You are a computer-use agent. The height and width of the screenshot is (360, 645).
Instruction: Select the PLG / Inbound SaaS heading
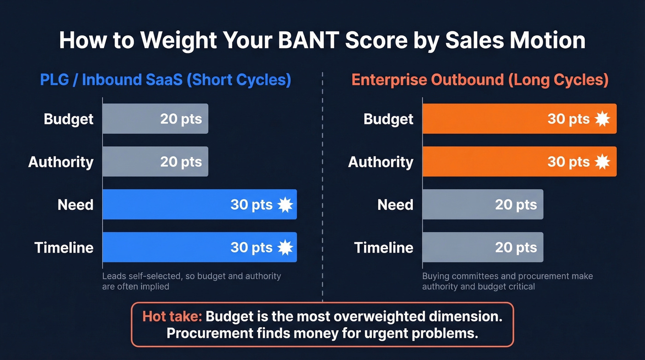pos(165,80)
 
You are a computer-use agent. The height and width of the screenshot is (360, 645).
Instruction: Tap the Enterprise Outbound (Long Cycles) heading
pos(480,80)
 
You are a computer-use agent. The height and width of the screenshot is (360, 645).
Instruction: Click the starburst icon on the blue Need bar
pos(285,205)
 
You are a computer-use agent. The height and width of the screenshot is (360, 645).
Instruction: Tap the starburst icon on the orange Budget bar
pos(602,119)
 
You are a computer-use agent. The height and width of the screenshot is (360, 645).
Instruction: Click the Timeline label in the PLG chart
pos(64,248)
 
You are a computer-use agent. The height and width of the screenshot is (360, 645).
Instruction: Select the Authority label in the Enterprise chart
pos(381,162)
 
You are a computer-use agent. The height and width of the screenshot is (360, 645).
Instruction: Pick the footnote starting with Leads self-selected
pos(191,281)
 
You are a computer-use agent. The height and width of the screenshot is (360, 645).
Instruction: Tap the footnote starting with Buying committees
pos(507,281)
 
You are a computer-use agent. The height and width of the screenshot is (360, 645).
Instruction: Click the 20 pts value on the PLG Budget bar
pos(181,119)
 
